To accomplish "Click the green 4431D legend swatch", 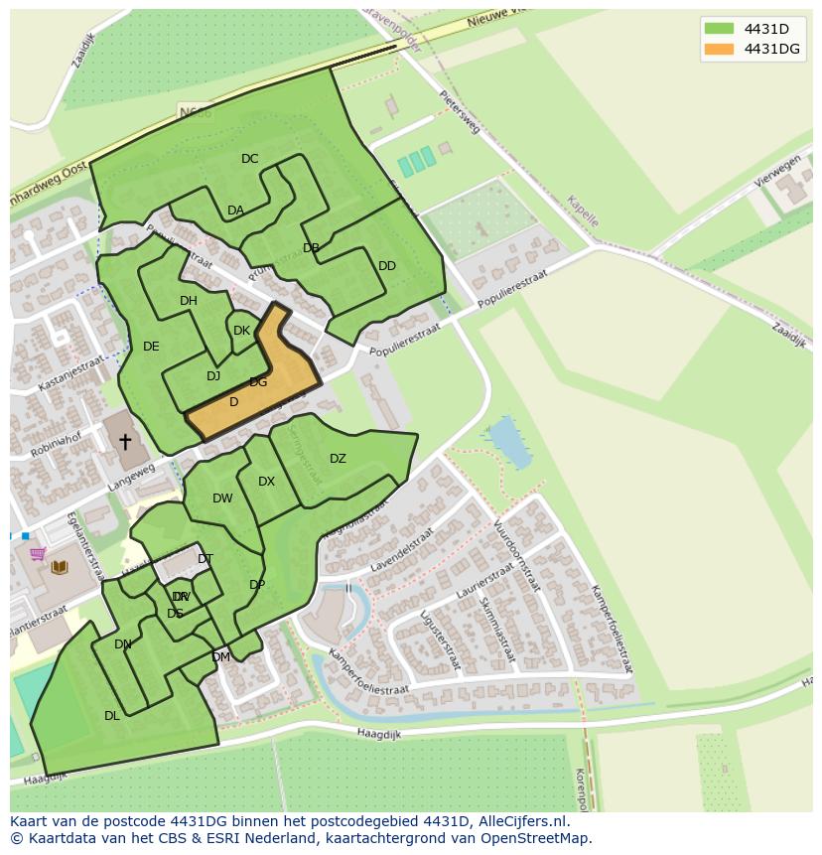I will point(719,28).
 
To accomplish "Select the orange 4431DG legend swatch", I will point(719,49).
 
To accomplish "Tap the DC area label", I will point(249,159).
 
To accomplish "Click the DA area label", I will point(235,211).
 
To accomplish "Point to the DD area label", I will point(387,266).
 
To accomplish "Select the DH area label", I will point(189,301).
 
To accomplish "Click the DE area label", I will point(151,347).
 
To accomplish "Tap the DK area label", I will point(241,331).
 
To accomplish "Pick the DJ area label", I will point(213,376).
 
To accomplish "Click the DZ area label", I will point(338,459).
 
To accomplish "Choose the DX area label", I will point(266,482).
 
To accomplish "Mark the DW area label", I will point(222,499).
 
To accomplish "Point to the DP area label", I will point(257,585).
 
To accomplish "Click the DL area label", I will point(112,715).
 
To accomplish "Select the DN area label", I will point(123,644).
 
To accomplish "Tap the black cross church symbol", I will point(125,441).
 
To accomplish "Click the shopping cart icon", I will point(38,554).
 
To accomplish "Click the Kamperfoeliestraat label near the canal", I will point(368,674).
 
